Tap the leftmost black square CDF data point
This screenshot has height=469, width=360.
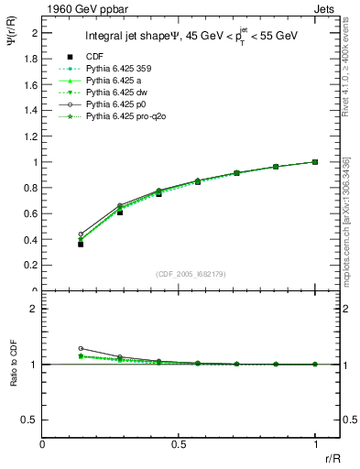click(x=81, y=244)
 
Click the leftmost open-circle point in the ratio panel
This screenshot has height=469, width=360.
click(x=81, y=348)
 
